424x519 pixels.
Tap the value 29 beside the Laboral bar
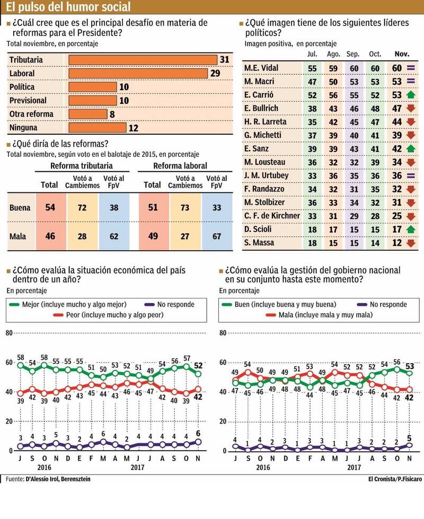(215, 73)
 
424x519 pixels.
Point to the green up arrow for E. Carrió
(409, 94)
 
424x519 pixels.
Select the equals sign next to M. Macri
(409, 81)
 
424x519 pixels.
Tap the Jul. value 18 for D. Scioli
(313, 229)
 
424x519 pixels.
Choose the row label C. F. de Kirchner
(272, 215)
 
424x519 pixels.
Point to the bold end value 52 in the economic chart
(198, 365)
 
